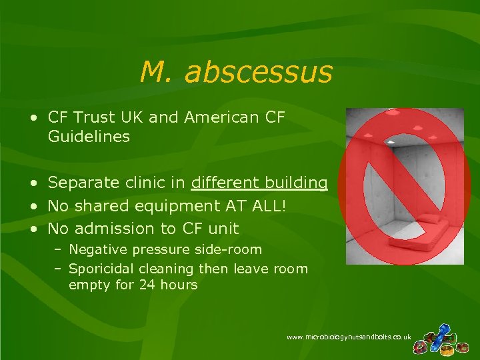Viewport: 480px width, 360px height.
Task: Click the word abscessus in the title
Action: pyautogui.click(x=259, y=72)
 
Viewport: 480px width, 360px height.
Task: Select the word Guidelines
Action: pyautogui.click(x=89, y=137)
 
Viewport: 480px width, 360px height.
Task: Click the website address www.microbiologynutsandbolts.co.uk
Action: pyautogui.click(x=348, y=337)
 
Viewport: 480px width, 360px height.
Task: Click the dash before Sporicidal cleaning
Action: pyautogui.click(x=59, y=269)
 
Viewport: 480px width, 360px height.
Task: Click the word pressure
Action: pyautogui.click(x=156, y=250)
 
